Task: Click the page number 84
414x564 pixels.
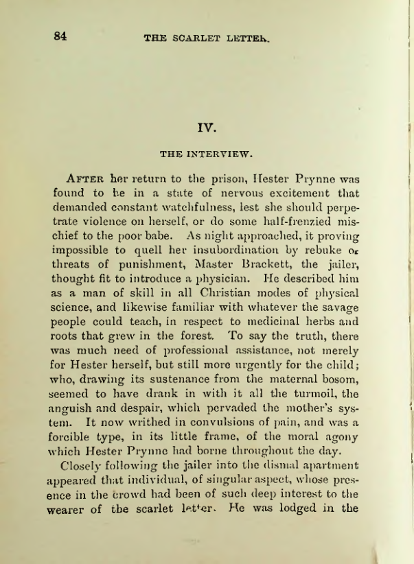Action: click(x=60, y=36)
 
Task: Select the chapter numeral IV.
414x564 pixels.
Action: click(x=206, y=127)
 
